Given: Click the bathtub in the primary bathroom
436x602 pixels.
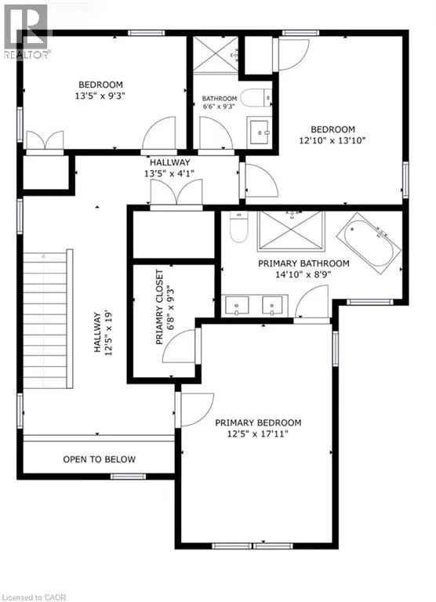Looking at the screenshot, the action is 369,243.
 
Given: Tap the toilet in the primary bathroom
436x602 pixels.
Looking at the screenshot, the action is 238,227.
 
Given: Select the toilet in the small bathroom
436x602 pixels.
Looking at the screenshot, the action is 257,98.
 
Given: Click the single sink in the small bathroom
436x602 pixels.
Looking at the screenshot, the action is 260,132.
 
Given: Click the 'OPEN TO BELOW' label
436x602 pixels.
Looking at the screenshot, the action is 99,459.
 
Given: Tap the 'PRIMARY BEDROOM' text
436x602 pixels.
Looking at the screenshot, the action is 258,422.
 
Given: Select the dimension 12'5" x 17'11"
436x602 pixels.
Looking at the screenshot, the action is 258,433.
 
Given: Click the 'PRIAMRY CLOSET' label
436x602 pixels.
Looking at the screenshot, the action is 159,306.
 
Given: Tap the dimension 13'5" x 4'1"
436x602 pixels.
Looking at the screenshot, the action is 169,173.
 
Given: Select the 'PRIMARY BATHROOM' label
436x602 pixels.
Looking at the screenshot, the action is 303,263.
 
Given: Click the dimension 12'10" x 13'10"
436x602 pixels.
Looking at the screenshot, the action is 332,140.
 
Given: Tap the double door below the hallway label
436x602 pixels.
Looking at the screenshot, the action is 176,193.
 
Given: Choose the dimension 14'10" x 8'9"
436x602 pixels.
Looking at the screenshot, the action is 303,274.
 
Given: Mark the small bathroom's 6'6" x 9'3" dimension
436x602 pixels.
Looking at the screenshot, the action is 219,107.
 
